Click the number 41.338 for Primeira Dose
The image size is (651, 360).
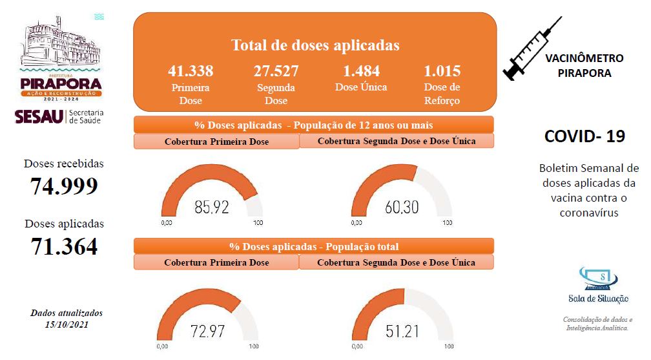click(191, 71)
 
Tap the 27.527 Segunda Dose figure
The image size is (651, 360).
click(276, 71)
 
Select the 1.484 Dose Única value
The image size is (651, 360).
click(361, 71)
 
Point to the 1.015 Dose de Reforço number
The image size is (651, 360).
click(442, 71)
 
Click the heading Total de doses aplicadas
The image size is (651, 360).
click(315, 46)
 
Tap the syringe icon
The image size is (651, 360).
click(533, 49)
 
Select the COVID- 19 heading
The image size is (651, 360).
click(584, 136)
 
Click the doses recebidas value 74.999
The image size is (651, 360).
click(64, 186)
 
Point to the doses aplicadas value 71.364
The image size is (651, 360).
click(64, 246)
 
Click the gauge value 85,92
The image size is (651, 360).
click(212, 207)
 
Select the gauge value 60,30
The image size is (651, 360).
click(402, 207)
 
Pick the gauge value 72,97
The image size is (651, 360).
click(208, 332)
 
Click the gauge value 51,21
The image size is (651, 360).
click(402, 332)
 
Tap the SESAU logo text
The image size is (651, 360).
click(38, 116)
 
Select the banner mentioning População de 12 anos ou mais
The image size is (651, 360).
click(314, 125)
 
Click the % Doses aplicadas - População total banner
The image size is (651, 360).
click(314, 246)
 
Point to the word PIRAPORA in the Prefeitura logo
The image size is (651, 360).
click(61, 83)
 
